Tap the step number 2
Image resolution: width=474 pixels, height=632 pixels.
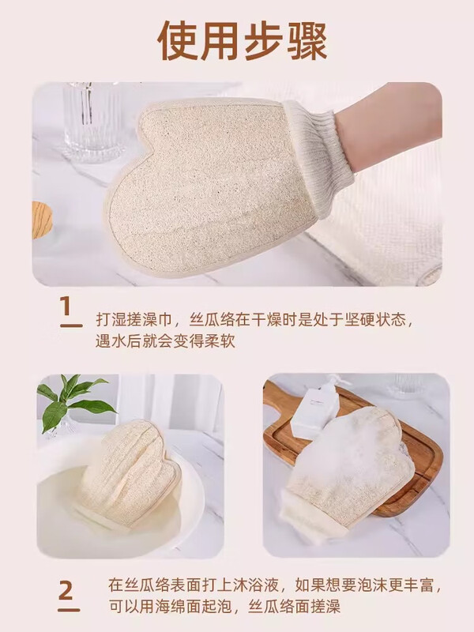(70, 590)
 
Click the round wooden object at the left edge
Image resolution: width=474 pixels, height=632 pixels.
(41, 219)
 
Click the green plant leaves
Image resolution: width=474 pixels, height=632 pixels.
(75, 400)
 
